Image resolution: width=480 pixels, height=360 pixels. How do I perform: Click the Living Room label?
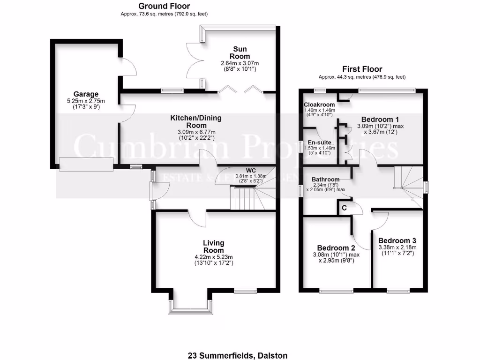(213, 247)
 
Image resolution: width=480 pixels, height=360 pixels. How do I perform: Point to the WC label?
(251, 170)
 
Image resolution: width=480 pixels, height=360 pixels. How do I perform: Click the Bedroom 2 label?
(336, 247)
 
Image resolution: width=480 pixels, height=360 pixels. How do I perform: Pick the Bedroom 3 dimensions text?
(397, 251)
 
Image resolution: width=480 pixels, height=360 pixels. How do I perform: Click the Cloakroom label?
(319, 105)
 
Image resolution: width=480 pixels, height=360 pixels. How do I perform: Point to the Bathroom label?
(325, 179)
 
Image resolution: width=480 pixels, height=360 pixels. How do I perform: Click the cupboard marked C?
(344, 207)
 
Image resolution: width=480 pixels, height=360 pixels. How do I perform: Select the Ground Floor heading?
(164, 6)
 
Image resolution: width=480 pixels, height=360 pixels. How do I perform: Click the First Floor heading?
(362, 69)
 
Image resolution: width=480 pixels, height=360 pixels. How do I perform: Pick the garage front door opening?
(86, 164)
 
